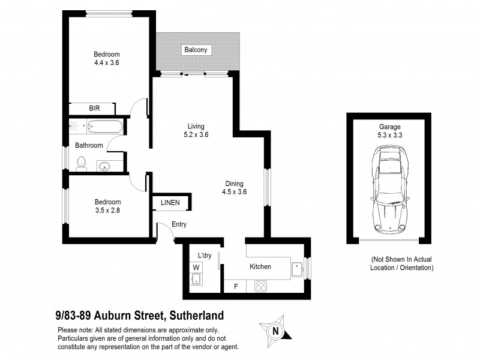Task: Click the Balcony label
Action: (196, 50)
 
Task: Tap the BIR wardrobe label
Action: (94, 109)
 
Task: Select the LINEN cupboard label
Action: (170, 203)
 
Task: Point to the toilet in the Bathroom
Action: (82, 162)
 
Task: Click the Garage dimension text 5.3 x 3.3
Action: (389, 136)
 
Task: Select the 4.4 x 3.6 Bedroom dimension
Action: (107, 62)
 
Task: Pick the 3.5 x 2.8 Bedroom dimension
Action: (108, 211)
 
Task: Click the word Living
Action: (196, 126)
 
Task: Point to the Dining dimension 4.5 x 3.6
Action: (235, 192)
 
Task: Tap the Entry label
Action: (179, 225)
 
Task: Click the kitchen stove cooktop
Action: (262, 286)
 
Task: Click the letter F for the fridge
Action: (236, 287)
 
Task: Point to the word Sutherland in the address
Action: (196, 314)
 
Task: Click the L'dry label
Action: (205, 256)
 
